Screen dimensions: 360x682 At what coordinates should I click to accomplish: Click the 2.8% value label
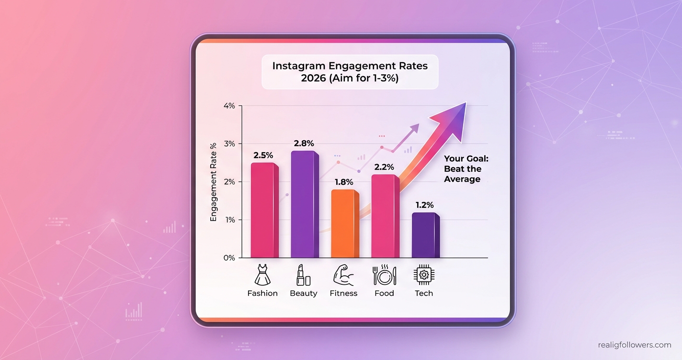click(x=304, y=143)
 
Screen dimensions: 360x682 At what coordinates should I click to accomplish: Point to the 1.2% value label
click(x=425, y=205)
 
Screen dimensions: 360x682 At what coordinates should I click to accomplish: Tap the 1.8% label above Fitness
click(x=343, y=182)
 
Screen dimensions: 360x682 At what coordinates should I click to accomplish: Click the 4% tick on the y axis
click(x=229, y=106)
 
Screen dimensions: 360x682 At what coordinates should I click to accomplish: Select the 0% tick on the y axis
click(x=229, y=258)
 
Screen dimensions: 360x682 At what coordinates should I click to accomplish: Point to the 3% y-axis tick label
click(x=229, y=144)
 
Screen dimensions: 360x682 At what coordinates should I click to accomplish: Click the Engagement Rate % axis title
click(x=214, y=182)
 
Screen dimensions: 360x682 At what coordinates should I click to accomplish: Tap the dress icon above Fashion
click(x=262, y=275)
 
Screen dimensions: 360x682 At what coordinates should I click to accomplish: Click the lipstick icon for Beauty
click(x=304, y=275)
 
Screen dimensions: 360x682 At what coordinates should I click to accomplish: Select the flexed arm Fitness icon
click(x=343, y=275)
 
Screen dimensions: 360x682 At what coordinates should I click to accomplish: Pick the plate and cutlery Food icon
click(x=384, y=275)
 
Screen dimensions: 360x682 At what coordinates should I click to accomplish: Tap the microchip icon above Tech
click(x=424, y=275)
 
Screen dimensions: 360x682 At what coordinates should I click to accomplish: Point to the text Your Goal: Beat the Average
click(x=462, y=169)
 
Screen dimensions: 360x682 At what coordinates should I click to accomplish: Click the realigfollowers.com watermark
click(x=634, y=345)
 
